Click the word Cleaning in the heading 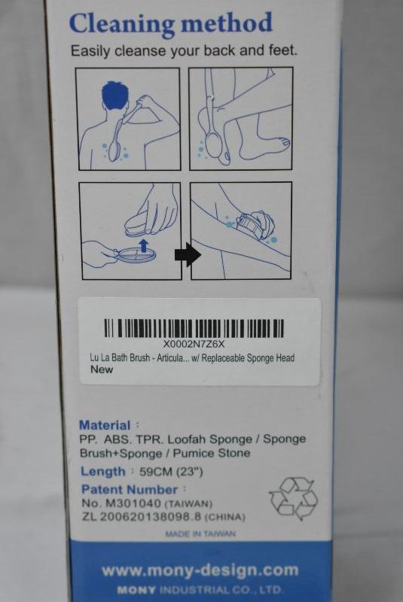(x=122, y=24)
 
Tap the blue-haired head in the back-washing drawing (x=114, y=96)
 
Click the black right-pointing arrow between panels (x=188, y=254)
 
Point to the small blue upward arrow (x=144, y=245)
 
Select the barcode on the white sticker (x=194, y=328)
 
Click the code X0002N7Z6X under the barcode (x=194, y=344)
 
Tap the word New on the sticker (x=102, y=369)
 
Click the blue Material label (x=105, y=425)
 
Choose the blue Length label (x=103, y=471)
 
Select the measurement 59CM (x=156, y=472)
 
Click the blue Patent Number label (x=130, y=490)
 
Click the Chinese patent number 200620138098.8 (x=151, y=517)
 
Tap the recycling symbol (x=294, y=498)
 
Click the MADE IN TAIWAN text (x=200, y=534)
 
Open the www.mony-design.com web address (x=200, y=571)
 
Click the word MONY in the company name (x=136, y=590)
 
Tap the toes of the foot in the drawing (x=283, y=143)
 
